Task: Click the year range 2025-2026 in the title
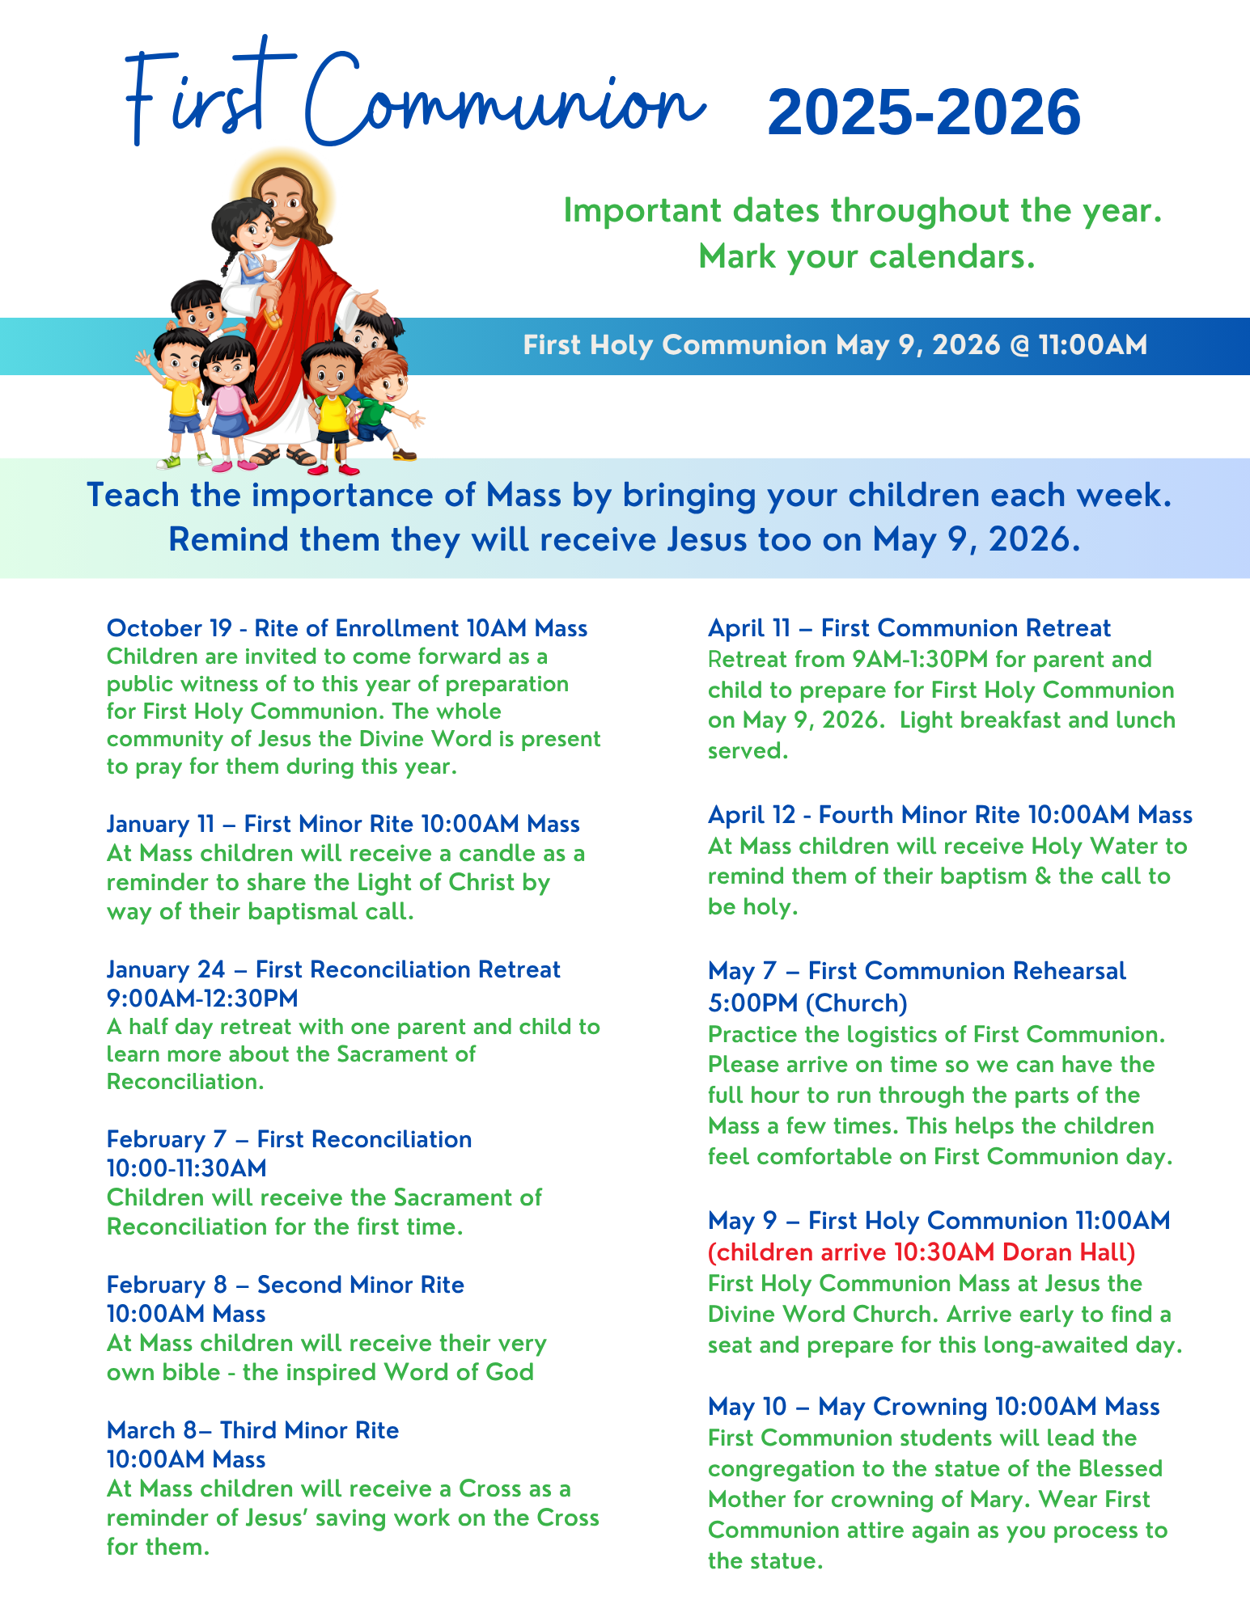(923, 112)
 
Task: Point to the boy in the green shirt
(380, 396)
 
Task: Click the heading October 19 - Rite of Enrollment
(347, 628)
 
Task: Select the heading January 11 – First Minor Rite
(343, 824)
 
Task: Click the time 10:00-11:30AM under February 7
(187, 1168)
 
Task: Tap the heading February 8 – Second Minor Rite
(285, 1285)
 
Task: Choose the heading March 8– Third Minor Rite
(252, 1430)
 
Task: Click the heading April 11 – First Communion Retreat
(909, 628)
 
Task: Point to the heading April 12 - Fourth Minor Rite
(950, 815)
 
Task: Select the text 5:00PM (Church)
(807, 1003)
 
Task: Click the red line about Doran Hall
(922, 1252)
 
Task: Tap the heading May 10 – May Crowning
(934, 1407)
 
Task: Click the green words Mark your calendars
(867, 257)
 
